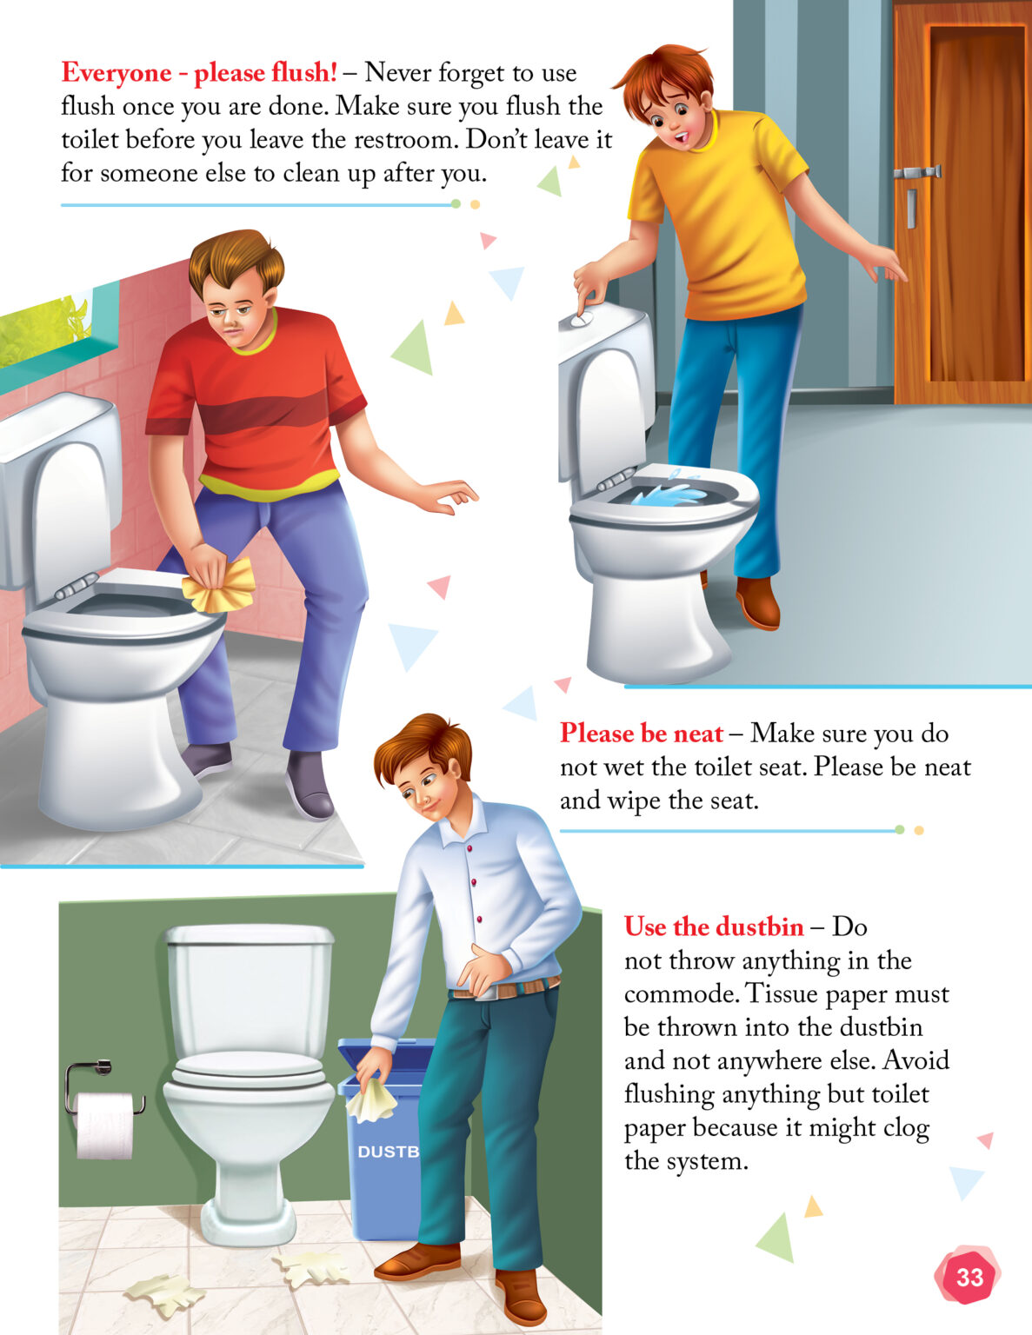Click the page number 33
969,1277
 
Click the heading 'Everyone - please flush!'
199,73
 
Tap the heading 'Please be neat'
641,734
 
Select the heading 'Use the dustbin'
713,927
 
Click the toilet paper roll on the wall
104,1126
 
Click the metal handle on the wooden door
915,174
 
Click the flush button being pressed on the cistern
583,319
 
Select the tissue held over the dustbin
371,1099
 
